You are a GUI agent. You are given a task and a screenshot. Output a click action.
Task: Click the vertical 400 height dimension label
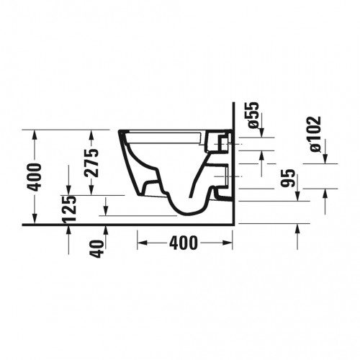[34, 177]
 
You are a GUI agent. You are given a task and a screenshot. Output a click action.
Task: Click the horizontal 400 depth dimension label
[184, 243]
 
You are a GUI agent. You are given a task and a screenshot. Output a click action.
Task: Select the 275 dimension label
[91, 163]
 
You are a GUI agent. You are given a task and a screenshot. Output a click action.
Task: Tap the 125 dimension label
[69, 208]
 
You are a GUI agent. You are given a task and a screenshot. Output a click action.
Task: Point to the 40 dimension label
[98, 249]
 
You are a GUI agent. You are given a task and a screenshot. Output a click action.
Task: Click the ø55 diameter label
[253, 114]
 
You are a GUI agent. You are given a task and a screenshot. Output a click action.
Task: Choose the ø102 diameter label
[315, 134]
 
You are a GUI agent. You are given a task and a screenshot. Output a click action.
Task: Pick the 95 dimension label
[288, 178]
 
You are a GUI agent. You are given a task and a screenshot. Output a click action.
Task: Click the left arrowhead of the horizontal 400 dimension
[142, 243]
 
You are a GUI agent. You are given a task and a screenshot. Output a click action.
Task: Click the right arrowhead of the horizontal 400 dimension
[228, 243]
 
